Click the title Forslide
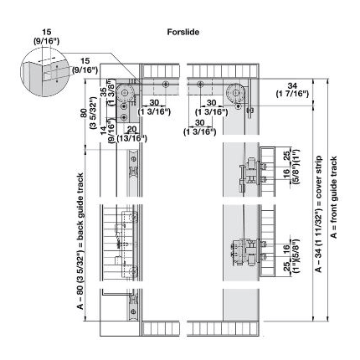click(183, 32)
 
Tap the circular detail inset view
click(44, 72)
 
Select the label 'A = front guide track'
click(334, 197)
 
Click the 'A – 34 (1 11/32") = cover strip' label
click(318, 213)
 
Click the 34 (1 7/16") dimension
click(292, 90)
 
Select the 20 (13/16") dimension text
click(131, 134)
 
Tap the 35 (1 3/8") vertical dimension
click(107, 92)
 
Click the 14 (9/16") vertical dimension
click(107, 131)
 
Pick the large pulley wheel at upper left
click(124, 93)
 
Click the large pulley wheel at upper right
click(235, 93)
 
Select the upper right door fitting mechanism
click(251, 173)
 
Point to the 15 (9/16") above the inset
click(47, 37)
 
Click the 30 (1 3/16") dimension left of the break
click(154, 107)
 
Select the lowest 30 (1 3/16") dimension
click(200, 127)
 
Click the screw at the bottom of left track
click(133, 311)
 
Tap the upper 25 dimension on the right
click(286, 157)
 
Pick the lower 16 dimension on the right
click(286, 249)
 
